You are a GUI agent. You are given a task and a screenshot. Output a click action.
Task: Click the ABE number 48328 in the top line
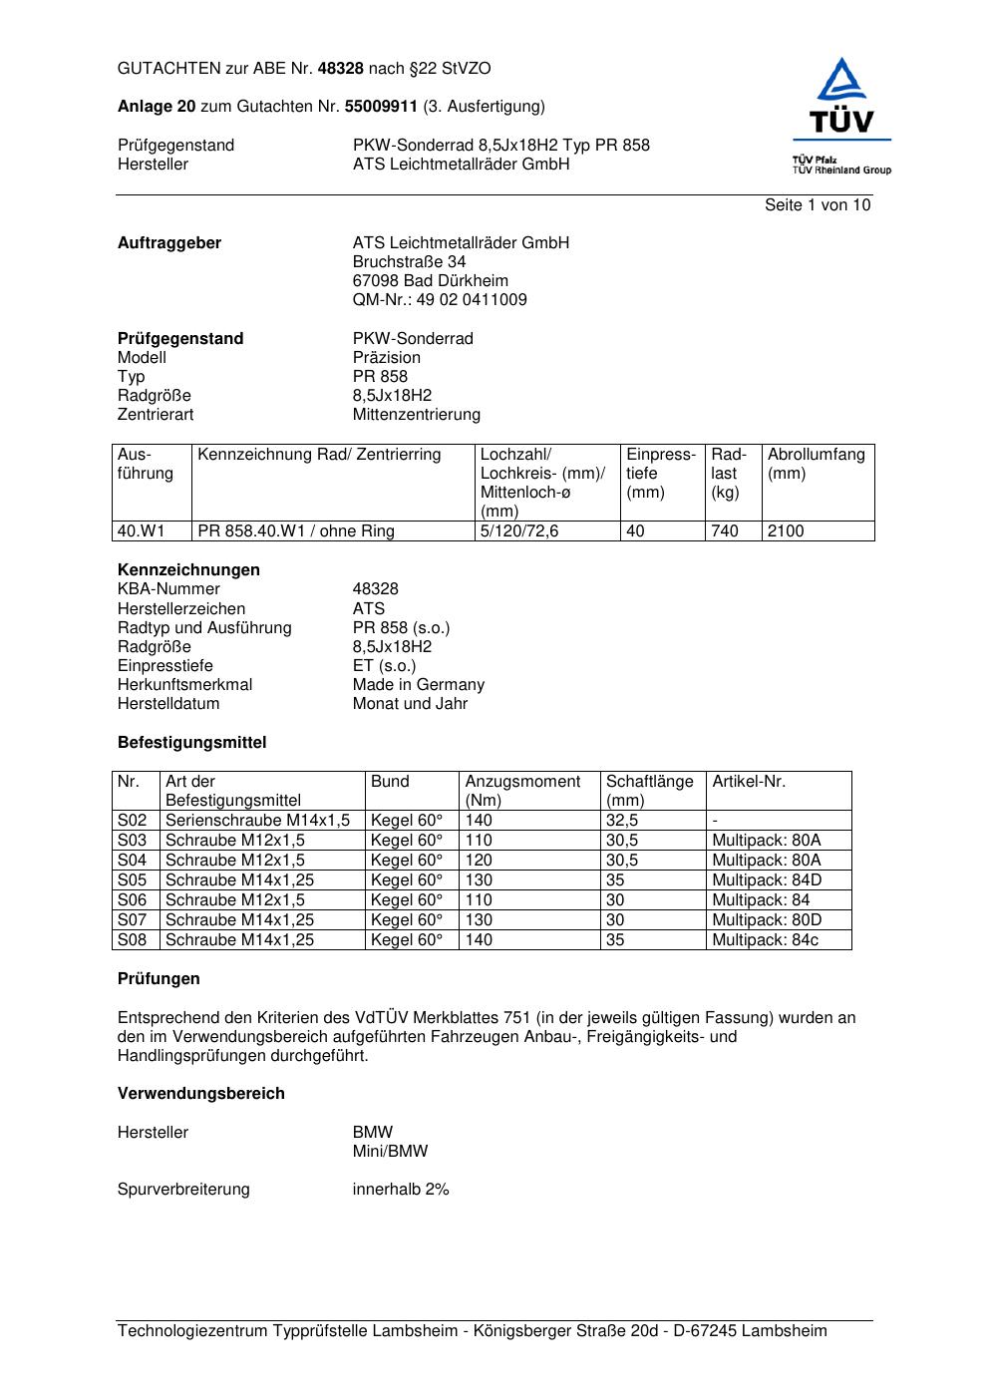[x=341, y=69]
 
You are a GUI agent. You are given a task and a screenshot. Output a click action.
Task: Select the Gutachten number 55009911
[x=381, y=106]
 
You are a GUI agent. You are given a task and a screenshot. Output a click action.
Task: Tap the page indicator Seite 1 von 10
[x=817, y=205]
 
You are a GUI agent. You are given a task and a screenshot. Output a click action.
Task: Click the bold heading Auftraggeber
[x=169, y=243]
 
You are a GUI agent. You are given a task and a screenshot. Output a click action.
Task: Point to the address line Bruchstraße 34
[x=409, y=262]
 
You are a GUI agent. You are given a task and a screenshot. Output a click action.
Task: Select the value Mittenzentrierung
[x=416, y=415]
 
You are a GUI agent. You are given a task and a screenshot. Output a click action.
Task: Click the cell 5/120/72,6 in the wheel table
[x=519, y=531]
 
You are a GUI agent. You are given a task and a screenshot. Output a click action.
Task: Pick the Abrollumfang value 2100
[x=786, y=531]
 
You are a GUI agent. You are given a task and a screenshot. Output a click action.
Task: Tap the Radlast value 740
[x=725, y=531]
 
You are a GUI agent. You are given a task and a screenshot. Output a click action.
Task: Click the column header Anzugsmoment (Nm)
[x=522, y=791]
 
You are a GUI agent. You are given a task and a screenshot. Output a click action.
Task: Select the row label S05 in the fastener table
[x=133, y=880]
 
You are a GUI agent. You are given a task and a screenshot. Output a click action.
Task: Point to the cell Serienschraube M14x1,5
[x=257, y=821]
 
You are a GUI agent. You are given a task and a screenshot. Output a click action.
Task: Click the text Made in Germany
[x=418, y=685]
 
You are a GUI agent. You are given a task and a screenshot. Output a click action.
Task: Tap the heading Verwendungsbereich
[x=200, y=1094]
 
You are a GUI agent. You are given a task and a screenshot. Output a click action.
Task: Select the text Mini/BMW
[x=390, y=1152]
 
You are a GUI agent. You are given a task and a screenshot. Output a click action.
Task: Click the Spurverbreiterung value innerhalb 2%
[x=401, y=1190]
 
